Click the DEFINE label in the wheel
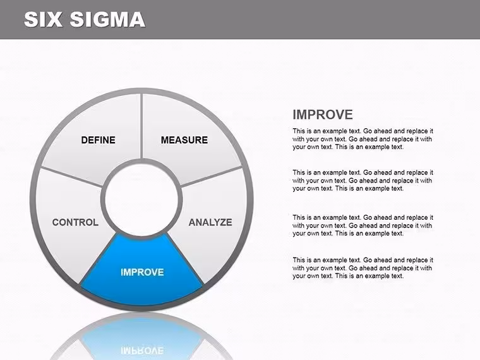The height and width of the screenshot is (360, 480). coord(99,140)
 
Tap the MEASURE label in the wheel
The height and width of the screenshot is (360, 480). coord(184,140)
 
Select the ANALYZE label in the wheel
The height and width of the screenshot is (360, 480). coord(210,222)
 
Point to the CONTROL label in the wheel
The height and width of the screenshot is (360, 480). coord(75,222)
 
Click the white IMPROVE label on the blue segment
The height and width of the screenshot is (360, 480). coord(142,272)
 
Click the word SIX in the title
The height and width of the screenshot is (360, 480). coord(43,20)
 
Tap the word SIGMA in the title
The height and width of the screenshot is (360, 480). coord(107,20)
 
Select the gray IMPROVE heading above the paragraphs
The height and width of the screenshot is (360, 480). coord(323,115)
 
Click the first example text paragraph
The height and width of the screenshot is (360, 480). coord(363,139)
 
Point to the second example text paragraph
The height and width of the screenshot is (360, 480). coord(363,181)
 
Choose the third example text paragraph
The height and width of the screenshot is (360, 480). coord(363,225)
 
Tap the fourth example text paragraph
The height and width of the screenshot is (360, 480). coord(363,268)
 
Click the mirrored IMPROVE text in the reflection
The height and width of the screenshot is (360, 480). coord(142,351)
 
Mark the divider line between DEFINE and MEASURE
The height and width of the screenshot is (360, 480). coord(141,126)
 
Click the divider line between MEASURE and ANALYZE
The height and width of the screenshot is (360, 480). coord(212,176)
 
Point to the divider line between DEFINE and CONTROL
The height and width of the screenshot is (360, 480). coord(71,176)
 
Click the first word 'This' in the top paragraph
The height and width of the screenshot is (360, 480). coord(299,131)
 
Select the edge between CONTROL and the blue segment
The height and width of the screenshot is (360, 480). coord(99,259)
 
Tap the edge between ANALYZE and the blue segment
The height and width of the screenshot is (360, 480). coord(185,259)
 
